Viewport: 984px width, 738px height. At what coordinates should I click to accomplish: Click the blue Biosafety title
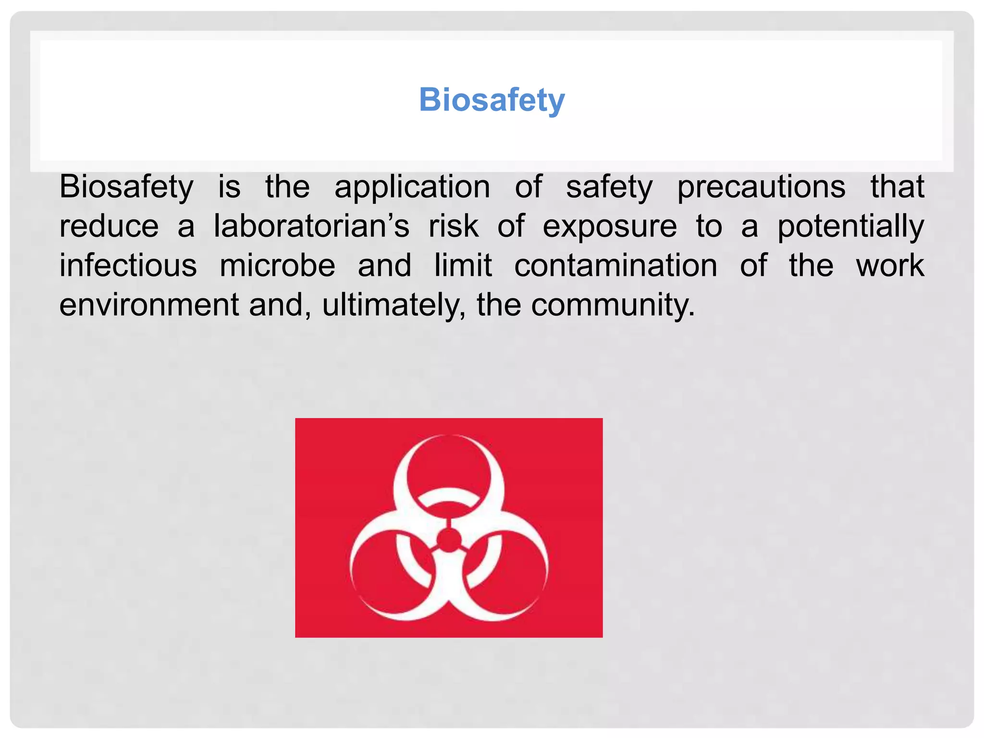(492, 100)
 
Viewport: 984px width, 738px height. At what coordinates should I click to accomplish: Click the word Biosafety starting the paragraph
(126, 187)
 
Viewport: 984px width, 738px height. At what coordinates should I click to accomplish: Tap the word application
(412, 187)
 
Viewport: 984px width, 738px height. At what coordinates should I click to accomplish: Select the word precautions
(761, 187)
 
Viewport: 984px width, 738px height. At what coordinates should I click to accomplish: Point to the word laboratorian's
(311, 226)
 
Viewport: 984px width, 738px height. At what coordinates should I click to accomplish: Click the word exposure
(610, 227)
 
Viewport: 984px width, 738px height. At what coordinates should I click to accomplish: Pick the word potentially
(850, 227)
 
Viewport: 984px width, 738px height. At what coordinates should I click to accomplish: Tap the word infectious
(128, 266)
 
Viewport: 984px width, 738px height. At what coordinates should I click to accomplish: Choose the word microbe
(277, 266)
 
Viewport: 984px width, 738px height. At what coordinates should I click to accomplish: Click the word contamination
(615, 266)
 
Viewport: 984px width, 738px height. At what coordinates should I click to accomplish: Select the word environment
(149, 305)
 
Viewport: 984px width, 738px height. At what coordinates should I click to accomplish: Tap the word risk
(454, 226)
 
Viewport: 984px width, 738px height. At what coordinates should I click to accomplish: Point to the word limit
(463, 266)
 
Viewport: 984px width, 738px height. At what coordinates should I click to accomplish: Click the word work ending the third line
(890, 266)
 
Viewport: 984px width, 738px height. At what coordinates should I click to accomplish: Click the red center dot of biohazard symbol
(449, 541)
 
